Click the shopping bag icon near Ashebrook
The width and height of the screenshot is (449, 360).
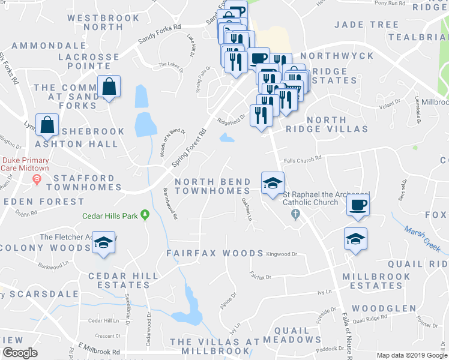coord(47,125)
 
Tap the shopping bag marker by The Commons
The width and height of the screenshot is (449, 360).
coord(109,87)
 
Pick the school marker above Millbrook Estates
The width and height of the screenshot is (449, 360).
coord(355,239)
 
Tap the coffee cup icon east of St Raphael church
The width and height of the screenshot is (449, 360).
coord(358,205)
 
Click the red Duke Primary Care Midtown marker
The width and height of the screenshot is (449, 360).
coord(37,179)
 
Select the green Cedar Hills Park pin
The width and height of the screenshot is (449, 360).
coord(145,215)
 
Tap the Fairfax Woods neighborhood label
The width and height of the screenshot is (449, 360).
coord(215,253)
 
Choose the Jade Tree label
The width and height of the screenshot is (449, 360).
coord(366,25)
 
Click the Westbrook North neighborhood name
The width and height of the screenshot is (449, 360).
coord(103,22)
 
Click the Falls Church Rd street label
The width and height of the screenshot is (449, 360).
coord(303,158)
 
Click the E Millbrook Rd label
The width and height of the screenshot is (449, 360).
coord(99,349)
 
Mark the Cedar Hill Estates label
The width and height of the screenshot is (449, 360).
coord(123,281)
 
